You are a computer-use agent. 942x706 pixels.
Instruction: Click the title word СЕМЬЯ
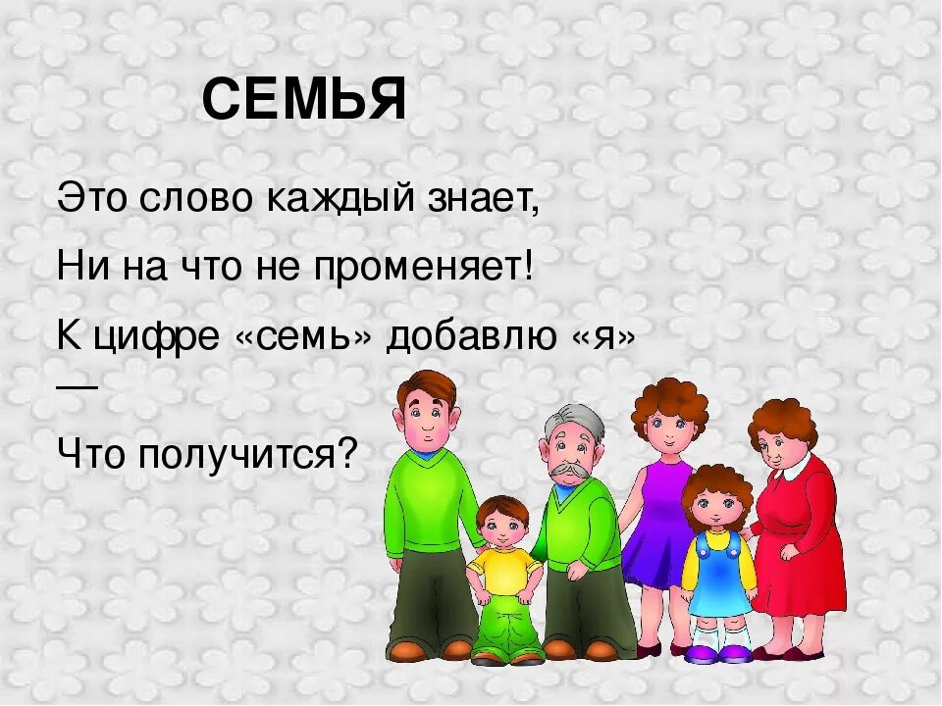point(304,100)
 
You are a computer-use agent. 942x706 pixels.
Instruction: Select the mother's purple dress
point(656,520)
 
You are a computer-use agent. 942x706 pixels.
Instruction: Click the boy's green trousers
point(505,628)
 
